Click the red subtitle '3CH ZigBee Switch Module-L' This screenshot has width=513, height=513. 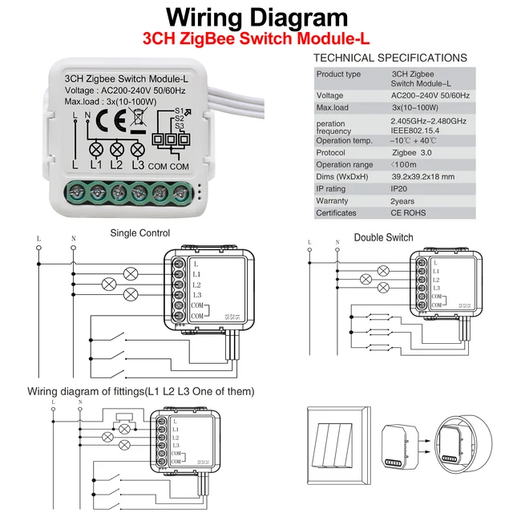pos(256,38)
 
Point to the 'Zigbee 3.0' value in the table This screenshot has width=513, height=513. pos(410,152)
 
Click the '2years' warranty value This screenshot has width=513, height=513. pos(404,200)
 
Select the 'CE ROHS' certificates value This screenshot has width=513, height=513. pos(409,213)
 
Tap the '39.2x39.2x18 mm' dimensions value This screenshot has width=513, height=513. pos(423,176)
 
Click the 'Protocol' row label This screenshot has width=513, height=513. pos(331,152)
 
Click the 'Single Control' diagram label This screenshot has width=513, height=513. pos(139,233)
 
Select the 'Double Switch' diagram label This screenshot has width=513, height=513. pos(383,237)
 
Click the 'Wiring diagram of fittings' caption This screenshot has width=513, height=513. pos(141,391)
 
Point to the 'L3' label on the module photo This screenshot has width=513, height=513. pos(137,164)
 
